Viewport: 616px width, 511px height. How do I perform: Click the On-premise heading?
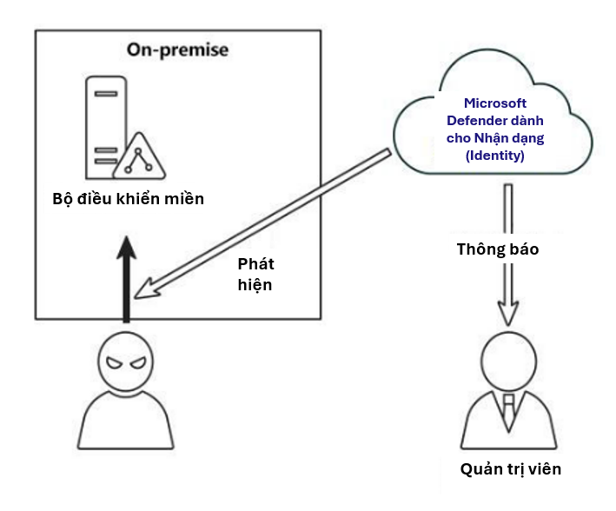click(177, 50)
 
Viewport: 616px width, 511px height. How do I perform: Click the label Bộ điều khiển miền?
click(128, 199)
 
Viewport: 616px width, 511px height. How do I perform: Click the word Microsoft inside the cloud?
click(494, 103)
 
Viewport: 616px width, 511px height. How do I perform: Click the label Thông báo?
click(498, 249)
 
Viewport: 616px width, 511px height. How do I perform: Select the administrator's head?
click(508, 361)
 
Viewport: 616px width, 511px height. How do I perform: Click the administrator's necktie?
click(508, 408)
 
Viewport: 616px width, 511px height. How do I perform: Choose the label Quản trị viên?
click(511, 469)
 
